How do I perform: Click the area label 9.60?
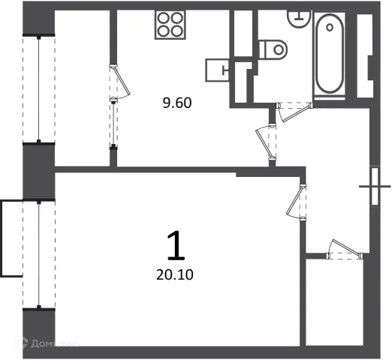[x=177, y=103]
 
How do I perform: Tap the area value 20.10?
[x=175, y=274]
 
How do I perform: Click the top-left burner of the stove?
[x=164, y=18]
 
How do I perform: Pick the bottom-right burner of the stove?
[x=177, y=31]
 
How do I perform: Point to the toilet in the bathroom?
[x=273, y=49]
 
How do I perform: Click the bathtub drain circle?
[x=330, y=27]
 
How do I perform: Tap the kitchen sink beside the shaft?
[x=218, y=70]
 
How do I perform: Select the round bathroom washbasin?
[x=299, y=18]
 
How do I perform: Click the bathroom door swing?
[x=295, y=112]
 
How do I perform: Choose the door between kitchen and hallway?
[x=266, y=142]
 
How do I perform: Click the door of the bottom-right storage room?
[x=345, y=250]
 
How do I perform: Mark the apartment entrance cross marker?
[x=375, y=187]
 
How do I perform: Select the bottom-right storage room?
[x=334, y=302]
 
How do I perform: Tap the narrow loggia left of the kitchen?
[x=83, y=88]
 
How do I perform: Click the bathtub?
[x=330, y=54]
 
